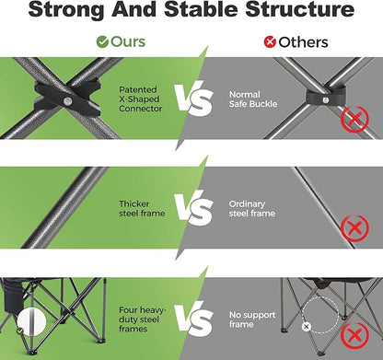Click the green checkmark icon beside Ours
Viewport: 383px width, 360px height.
tap(102, 42)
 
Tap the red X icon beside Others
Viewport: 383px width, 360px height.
tap(270, 42)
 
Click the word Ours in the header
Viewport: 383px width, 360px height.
tap(128, 41)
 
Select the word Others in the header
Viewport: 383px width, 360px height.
tap(303, 42)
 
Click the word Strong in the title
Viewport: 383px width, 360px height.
tap(66, 9)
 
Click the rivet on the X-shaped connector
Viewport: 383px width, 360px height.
tap(67, 101)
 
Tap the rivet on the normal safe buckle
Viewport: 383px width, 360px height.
tap(326, 99)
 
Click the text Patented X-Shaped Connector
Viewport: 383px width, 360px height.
tap(140, 99)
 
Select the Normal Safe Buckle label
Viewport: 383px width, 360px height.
tap(253, 99)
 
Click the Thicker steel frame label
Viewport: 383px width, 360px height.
tap(142, 209)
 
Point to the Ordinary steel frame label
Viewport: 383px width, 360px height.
tap(251, 209)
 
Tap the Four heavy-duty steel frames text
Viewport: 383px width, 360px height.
tap(142, 319)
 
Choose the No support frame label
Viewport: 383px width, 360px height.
tap(252, 319)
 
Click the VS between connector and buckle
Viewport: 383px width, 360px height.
tap(194, 99)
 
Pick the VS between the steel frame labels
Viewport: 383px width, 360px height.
tap(194, 208)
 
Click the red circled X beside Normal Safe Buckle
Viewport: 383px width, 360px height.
tap(354, 119)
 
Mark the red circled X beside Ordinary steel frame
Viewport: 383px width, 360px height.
tap(354, 228)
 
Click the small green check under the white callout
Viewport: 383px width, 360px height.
tap(20, 331)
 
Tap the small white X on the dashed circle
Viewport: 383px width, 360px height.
tap(306, 327)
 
